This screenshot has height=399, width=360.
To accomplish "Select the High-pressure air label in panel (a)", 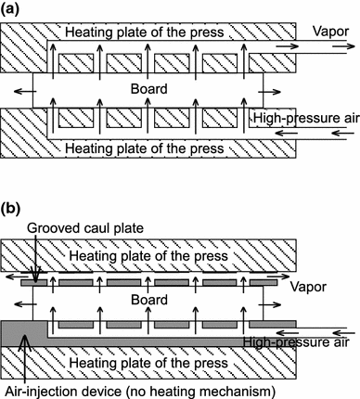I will [302, 119].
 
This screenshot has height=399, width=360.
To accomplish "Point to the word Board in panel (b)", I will [148, 300].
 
